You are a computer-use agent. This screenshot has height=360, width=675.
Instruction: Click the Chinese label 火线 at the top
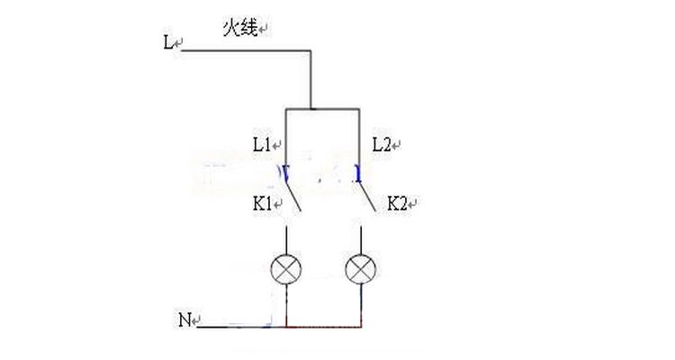click(x=239, y=29)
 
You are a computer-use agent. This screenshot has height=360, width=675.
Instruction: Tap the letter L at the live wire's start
click(x=167, y=42)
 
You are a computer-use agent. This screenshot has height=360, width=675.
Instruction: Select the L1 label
click(x=262, y=145)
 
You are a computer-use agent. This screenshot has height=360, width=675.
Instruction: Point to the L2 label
click(x=381, y=145)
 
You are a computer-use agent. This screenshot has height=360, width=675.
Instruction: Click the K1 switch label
click(x=262, y=203)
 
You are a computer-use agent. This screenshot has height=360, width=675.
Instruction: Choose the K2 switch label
click(x=397, y=203)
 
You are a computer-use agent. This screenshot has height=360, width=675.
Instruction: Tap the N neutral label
click(x=184, y=320)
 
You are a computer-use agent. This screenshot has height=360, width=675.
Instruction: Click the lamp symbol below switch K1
click(x=286, y=269)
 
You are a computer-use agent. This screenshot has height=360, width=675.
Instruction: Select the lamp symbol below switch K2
click(x=361, y=269)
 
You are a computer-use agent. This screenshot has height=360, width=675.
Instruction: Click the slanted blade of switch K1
click(x=292, y=196)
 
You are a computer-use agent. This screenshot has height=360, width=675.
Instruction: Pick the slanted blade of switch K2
click(x=367, y=196)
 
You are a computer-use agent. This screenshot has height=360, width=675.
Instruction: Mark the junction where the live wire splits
click(x=310, y=109)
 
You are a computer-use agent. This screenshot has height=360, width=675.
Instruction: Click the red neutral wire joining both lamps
click(x=324, y=327)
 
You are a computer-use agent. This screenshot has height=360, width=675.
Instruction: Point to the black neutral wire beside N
click(x=241, y=327)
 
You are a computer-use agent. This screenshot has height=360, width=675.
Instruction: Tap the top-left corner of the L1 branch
click(x=286, y=109)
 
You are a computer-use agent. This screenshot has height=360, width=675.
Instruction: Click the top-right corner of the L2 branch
click(x=359, y=109)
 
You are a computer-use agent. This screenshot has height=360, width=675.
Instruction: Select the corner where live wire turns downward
click(x=310, y=50)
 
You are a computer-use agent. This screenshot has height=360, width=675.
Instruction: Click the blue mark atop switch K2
click(x=357, y=173)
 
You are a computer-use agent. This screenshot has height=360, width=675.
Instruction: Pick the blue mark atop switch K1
click(x=284, y=173)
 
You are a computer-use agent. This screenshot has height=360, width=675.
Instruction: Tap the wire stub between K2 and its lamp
click(x=361, y=239)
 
